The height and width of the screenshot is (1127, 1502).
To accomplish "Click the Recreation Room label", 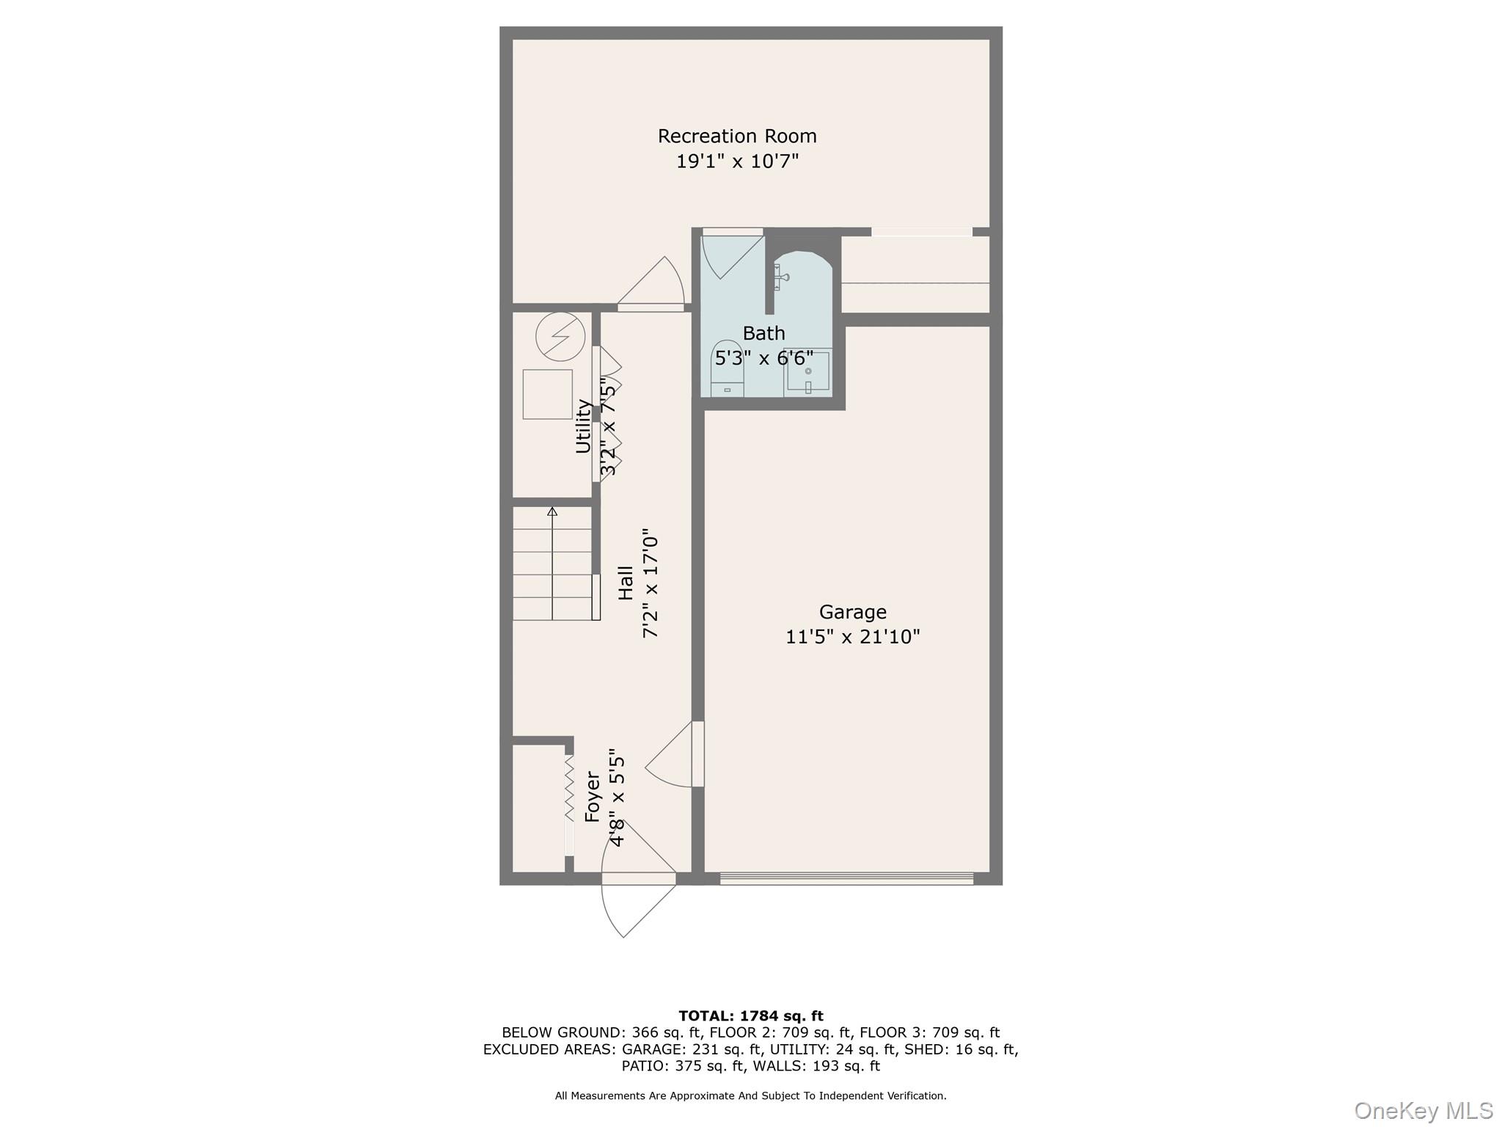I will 736,136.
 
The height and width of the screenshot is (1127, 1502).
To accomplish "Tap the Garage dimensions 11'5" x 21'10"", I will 852,637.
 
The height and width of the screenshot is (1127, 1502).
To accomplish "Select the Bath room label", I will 763,333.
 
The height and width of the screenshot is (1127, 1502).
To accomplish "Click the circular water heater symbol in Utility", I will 560,337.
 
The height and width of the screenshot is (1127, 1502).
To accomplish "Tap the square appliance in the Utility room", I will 547,394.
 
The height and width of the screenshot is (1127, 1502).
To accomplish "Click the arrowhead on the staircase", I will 552,511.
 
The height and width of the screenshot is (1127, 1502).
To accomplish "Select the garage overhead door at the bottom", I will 846,878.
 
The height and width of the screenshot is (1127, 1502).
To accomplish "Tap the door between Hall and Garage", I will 675,756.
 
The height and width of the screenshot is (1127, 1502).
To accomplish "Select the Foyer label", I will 593,796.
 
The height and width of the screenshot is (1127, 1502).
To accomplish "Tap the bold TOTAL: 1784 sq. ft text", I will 750,1016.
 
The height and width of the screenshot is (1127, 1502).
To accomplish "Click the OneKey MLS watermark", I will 1422,1110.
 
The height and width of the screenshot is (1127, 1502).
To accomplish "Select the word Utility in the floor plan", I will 583,426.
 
